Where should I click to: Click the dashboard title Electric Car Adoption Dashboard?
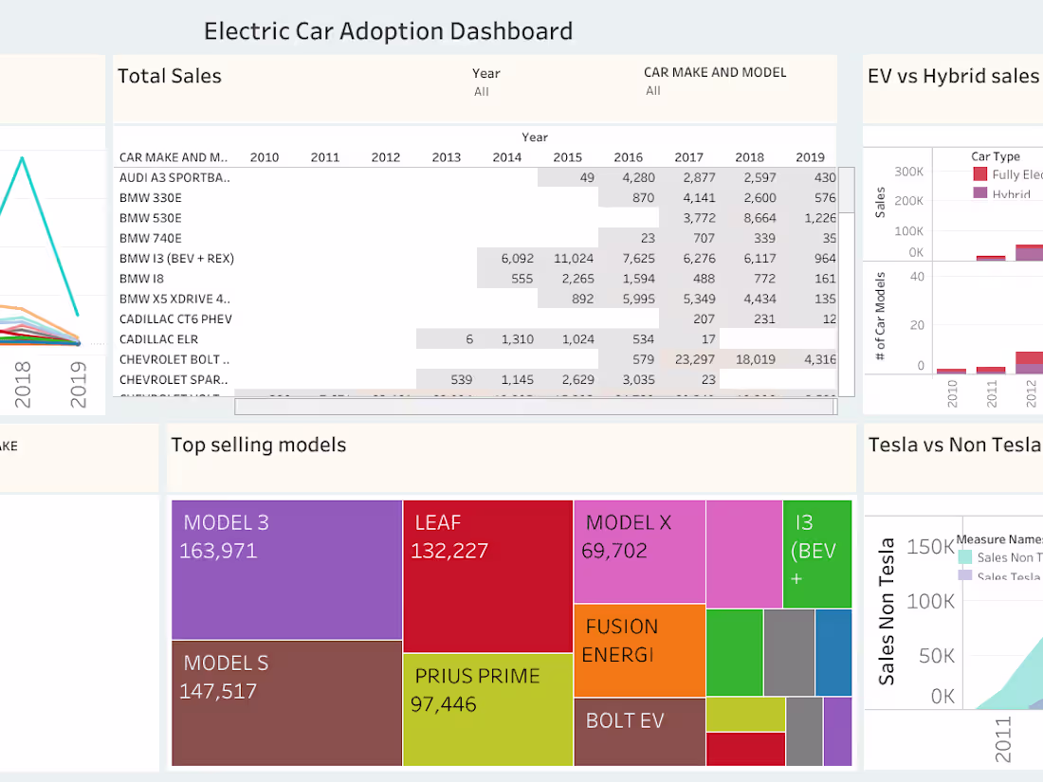[x=388, y=31]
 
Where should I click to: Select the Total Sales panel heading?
[x=170, y=77]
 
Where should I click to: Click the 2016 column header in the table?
[x=628, y=157]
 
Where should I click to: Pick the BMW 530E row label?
[x=150, y=218]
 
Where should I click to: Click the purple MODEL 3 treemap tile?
[x=286, y=570]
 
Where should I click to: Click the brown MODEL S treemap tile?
[x=286, y=702]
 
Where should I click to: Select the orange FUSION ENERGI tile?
[x=639, y=650]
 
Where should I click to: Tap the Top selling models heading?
[x=258, y=446]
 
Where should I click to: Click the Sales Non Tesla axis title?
[x=887, y=611]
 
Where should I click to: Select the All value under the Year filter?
[x=482, y=92]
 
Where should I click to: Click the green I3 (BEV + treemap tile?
[x=817, y=555]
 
